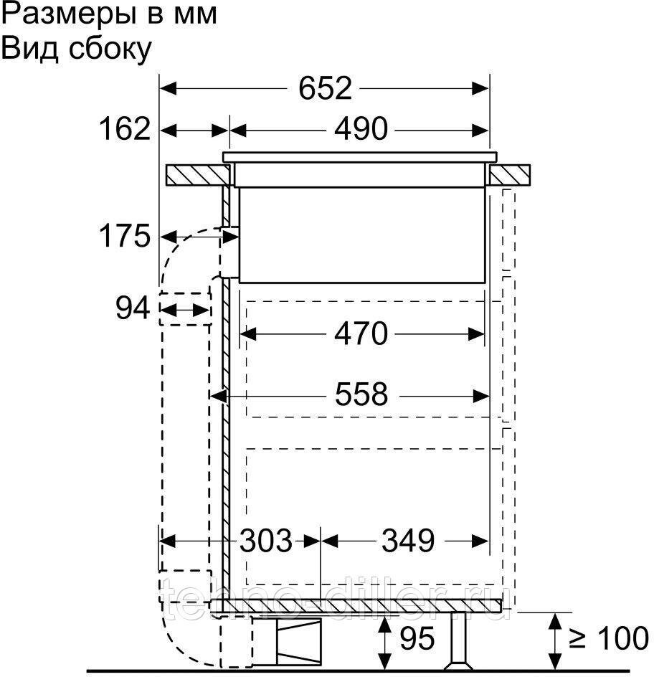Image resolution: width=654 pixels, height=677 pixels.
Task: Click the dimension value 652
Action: coord(325,88)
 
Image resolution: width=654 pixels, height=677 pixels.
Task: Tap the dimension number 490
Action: coord(361,129)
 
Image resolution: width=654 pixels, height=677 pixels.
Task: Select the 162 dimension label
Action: coord(125,128)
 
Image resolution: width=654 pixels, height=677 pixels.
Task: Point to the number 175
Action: coord(125,236)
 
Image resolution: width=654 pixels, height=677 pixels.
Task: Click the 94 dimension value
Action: coord(133,308)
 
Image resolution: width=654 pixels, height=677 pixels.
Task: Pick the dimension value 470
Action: coord(361,333)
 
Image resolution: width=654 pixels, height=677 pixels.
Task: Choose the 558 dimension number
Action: coord(361,395)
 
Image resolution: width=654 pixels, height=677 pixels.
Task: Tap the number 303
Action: coord(266,541)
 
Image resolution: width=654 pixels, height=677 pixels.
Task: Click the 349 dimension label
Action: coord(408,541)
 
